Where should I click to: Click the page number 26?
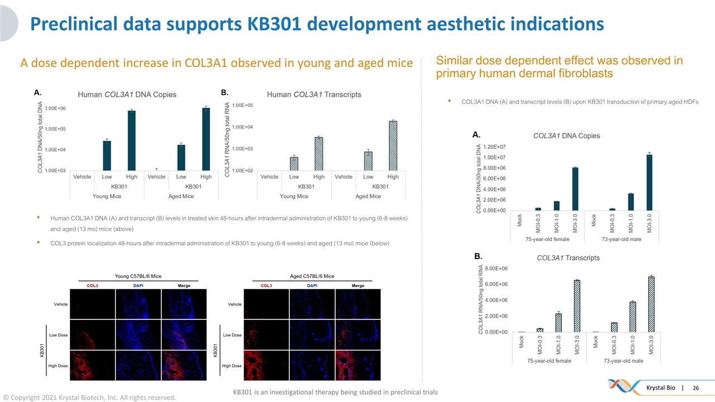tap(696, 388)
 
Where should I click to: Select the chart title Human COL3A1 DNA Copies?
tap(127, 94)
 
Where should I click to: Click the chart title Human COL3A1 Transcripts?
tap(314, 94)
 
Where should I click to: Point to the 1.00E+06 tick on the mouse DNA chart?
tap(55, 108)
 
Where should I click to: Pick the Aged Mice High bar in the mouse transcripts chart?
tap(393, 145)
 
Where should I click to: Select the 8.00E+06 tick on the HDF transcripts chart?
tap(497, 269)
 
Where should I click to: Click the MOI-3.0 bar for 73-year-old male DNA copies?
tap(650, 182)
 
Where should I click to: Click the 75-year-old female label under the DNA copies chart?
tap(547, 239)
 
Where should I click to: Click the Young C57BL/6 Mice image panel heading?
tap(138, 276)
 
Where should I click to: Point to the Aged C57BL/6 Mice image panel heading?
tap(312, 276)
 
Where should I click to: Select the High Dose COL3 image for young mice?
tap(92, 366)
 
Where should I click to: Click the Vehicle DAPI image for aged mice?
tap(312, 304)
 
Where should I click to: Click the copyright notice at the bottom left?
tap(89, 398)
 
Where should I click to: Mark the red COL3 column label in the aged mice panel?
tap(266, 286)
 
